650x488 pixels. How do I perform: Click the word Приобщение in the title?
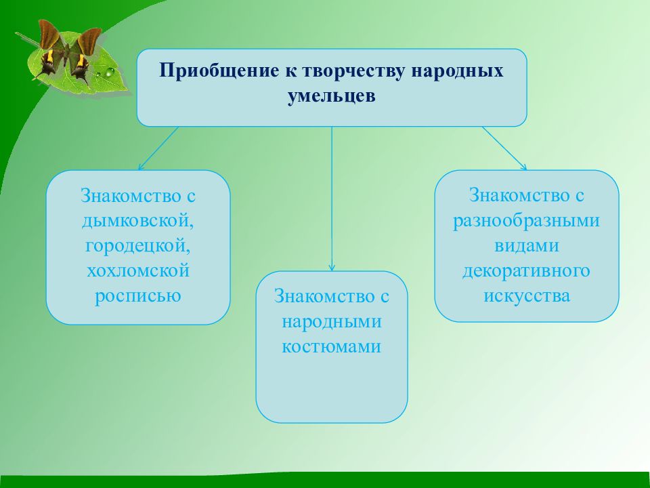coord(219,71)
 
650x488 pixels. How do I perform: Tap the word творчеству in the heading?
coord(353,71)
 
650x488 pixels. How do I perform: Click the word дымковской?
coord(138,221)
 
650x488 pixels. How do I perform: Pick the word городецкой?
coord(138,245)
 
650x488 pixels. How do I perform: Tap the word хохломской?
coord(138,270)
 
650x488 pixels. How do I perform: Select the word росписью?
coord(138,296)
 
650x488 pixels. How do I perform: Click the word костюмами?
coord(332,347)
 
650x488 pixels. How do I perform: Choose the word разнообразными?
coord(527,221)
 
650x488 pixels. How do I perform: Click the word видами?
coord(527,245)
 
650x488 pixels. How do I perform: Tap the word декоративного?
coord(527,271)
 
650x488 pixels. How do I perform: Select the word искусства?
coord(527,296)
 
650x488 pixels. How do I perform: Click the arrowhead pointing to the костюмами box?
coord(332,268)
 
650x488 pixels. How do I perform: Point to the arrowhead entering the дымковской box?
coord(141,167)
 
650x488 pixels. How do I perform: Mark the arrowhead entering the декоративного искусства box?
coord(523,167)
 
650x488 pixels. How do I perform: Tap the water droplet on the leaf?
coord(110,73)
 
